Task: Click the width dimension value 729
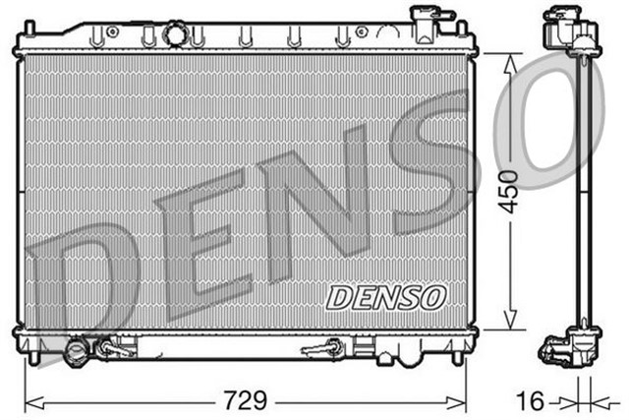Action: point(245,401)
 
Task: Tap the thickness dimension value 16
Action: point(532,401)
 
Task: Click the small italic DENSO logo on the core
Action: point(386,295)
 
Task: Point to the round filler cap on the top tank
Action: point(175,34)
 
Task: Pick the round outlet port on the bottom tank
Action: point(78,351)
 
